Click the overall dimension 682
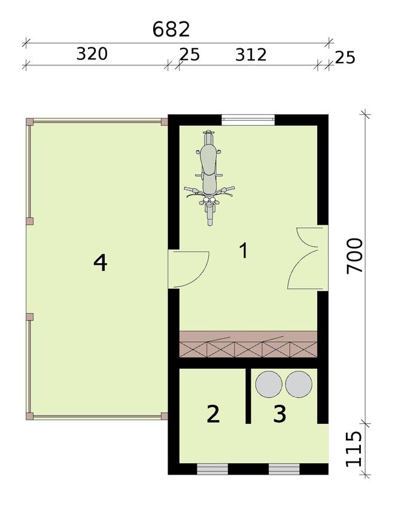point(171,29)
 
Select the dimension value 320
point(92,54)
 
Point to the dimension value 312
point(251,54)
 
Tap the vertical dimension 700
point(355,256)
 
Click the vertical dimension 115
point(354,449)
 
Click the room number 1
point(244,250)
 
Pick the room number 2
point(213,414)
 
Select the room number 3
point(279,414)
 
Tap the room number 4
point(101,263)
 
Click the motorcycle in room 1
point(210,178)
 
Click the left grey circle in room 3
point(269,384)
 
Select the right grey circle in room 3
point(299,384)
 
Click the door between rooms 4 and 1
point(189,270)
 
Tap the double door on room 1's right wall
point(308,258)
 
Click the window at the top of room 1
point(248,119)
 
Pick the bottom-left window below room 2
point(212,469)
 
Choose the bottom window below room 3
point(284,469)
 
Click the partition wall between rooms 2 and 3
point(248,395)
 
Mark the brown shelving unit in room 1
point(248,344)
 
